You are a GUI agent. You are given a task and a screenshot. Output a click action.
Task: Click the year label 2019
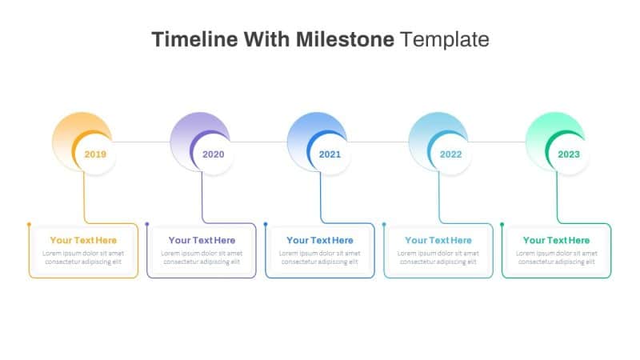pyautogui.click(x=95, y=154)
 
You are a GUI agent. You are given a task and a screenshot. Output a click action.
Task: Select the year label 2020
pyautogui.click(x=214, y=154)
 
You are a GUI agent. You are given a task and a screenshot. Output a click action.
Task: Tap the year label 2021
pyautogui.click(x=330, y=154)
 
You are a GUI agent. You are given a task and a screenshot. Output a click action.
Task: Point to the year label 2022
pyautogui.click(x=450, y=154)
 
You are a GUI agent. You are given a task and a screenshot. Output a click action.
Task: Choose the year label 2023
pyautogui.click(x=569, y=154)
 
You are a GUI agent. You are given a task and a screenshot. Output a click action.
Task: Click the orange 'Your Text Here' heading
pyautogui.click(x=83, y=240)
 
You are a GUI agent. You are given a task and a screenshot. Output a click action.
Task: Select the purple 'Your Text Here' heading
pyautogui.click(x=202, y=240)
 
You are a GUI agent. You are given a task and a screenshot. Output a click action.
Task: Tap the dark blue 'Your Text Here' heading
pyautogui.click(x=320, y=240)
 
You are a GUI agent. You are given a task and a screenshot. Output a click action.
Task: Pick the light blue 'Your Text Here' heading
pyautogui.click(x=438, y=240)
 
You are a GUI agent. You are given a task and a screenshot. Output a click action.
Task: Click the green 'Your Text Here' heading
pyautogui.click(x=556, y=240)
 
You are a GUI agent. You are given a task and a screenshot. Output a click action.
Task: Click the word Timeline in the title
pyautogui.click(x=191, y=38)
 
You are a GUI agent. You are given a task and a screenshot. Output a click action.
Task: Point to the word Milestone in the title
pyautogui.click(x=346, y=38)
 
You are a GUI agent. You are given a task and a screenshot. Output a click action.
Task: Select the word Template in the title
pyautogui.click(x=445, y=38)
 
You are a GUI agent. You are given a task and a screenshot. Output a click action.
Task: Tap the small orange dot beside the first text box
pyautogui.click(x=29, y=225)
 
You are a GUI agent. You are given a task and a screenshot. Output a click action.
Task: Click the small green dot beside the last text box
pyautogui.click(x=502, y=225)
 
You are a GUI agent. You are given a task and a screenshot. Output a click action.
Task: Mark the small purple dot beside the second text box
pyautogui.click(x=147, y=225)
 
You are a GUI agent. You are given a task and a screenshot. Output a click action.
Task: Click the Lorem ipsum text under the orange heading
pyautogui.click(x=83, y=258)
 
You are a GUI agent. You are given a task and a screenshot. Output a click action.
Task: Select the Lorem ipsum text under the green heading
pyautogui.click(x=556, y=258)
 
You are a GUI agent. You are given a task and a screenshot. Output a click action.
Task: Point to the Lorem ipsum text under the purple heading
pyautogui.click(x=202, y=258)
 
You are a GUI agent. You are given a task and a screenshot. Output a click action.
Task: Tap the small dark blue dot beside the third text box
pyautogui.click(x=266, y=225)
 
